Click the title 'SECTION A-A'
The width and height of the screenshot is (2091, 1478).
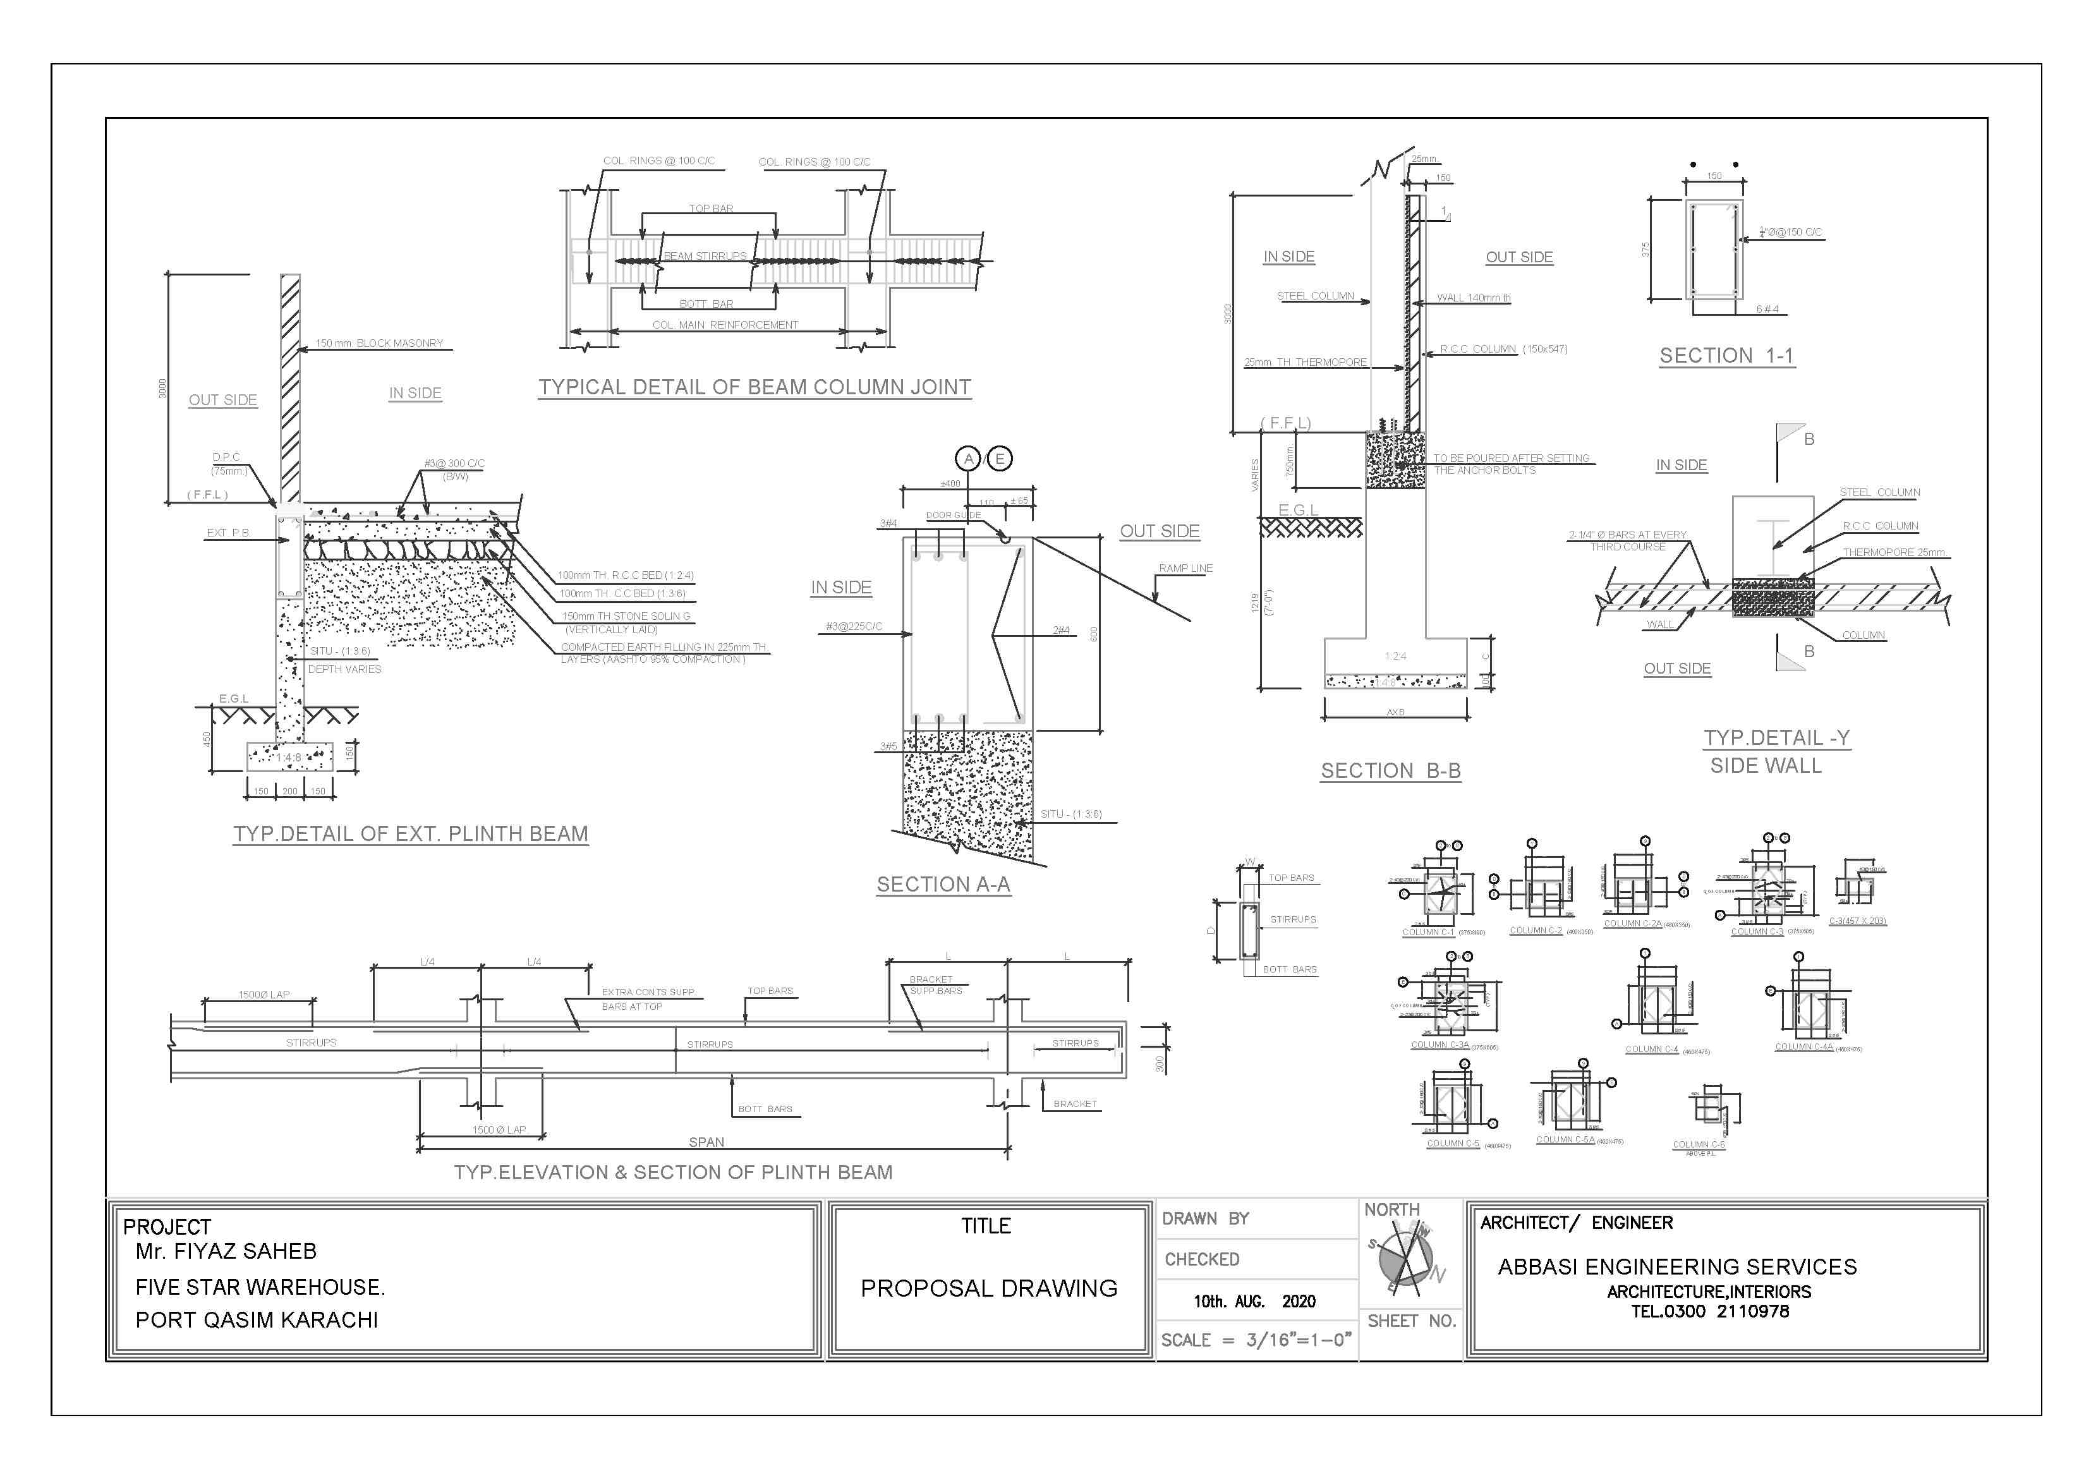[x=943, y=884]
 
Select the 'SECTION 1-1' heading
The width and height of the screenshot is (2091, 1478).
[x=1726, y=355]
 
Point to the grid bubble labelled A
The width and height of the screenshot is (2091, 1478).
[x=969, y=459]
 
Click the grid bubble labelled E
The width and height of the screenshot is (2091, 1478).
[x=1000, y=459]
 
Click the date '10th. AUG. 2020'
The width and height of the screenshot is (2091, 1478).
[x=1254, y=1301]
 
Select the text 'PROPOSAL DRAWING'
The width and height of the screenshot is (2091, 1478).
[x=989, y=1288]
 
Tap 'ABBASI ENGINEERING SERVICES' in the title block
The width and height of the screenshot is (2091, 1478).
[x=1676, y=1267]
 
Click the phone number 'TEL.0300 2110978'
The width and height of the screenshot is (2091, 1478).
[x=1709, y=1311]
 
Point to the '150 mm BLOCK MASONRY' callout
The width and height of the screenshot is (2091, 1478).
[x=379, y=343]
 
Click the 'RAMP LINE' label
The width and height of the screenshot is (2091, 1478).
[x=1185, y=568]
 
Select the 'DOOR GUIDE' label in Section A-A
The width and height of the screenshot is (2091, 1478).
[x=952, y=516]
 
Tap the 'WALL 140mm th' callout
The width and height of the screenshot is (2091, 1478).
[x=1474, y=298]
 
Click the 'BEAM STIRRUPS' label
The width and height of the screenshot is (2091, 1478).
[x=704, y=256]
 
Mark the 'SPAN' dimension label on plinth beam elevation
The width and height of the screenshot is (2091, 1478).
[x=706, y=1142]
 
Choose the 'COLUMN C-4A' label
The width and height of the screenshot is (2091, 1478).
[x=1803, y=1046]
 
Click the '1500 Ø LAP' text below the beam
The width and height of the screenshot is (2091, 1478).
[x=499, y=1130]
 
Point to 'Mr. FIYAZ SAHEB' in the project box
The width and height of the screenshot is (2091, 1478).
[x=226, y=1251]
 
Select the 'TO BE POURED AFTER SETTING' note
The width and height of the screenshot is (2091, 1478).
[x=1511, y=458]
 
